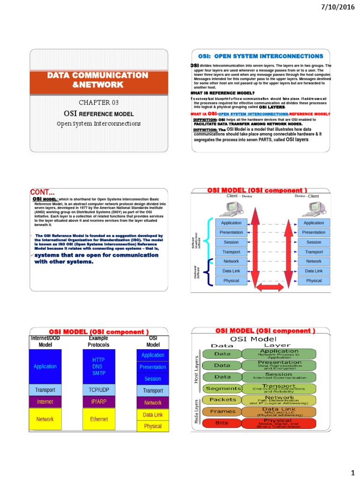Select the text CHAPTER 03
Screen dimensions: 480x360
pos(99,103)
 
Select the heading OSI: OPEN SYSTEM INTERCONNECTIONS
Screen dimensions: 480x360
pos(255,56)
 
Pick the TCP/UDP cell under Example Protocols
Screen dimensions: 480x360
pos(99,390)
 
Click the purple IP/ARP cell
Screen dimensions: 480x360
pos(99,402)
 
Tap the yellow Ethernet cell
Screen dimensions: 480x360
pos(99,419)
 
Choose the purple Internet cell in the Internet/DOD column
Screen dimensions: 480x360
pos(45,402)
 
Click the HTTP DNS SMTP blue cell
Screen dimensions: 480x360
pos(99,366)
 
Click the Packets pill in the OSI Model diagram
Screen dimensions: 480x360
pos(223,400)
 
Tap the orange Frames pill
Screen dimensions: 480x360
pos(223,411)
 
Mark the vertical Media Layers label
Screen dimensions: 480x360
pos(196,412)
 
